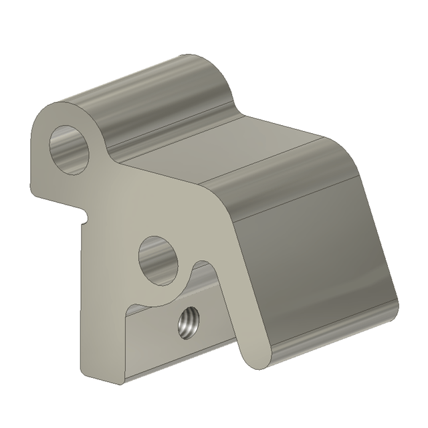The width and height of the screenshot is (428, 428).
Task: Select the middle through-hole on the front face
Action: click(160, 259)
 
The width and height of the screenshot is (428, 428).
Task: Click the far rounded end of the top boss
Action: click(207, 67)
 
